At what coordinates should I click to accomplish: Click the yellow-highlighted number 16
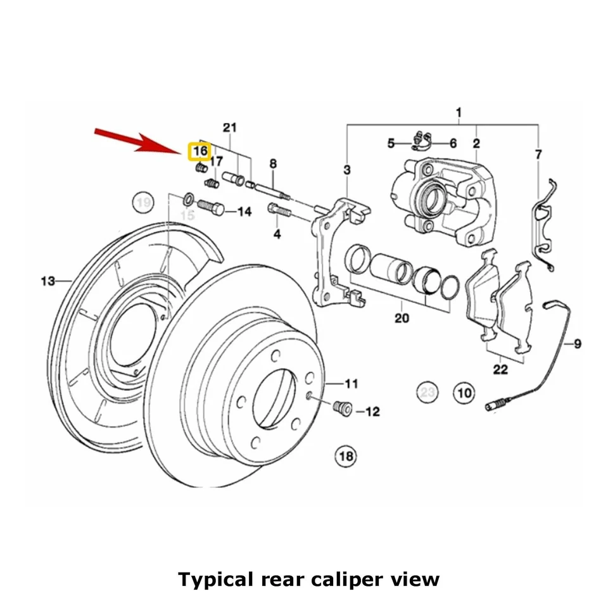(199, 151)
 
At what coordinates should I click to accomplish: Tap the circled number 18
(346, 455)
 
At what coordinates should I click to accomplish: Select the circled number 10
(464, 393)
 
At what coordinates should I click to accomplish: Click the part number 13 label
(48, 281)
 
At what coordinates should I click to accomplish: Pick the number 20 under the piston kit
(402, 318)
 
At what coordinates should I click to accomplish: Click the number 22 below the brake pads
(500, 369)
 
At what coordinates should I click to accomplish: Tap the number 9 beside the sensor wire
(577, 344)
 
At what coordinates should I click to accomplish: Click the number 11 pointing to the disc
(351, 383)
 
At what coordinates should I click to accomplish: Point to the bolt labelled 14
(211, 207)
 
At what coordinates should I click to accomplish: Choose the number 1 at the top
(459, 113)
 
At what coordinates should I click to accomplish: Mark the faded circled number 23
(427, 393)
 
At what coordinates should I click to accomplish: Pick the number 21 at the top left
(229, 127)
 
